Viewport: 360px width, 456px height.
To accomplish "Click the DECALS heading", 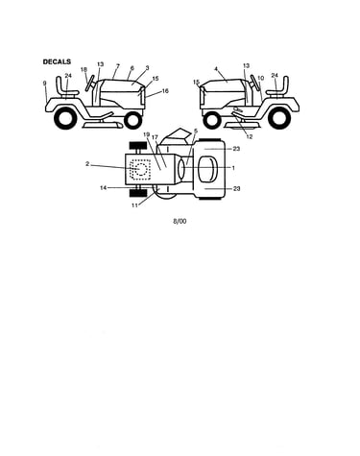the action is (57, 61).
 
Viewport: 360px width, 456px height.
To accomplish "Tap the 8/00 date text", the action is (180, 221).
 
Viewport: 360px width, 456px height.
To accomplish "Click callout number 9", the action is (45, 84).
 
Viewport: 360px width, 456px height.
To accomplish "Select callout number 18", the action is (84, 69).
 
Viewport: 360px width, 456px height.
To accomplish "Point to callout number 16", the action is (165, 91).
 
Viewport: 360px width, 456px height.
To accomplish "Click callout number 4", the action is (216, 69).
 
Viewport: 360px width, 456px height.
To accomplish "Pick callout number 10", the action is (260, 78).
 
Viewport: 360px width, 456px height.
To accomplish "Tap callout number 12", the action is (250, 136).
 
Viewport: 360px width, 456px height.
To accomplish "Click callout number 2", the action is (87, 164).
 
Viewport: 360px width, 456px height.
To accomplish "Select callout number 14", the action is (103, 188).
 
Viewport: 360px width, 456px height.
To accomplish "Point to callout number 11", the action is (134, 205).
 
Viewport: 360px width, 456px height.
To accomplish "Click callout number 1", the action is (233, 168).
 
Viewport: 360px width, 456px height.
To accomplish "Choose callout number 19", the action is (147, 134).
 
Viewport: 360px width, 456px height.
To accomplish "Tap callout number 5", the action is (196, 131).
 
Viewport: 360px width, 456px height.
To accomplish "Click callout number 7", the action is (118, 66).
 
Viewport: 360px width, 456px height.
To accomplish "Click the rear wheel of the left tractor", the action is (66, 118).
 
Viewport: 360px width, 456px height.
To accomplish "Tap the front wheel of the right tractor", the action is (212, 120).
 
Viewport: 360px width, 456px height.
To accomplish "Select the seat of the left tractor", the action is (65, 87).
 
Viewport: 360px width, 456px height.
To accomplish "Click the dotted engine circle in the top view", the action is (140, 169).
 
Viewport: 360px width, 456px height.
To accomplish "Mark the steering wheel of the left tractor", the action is (90, 84).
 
